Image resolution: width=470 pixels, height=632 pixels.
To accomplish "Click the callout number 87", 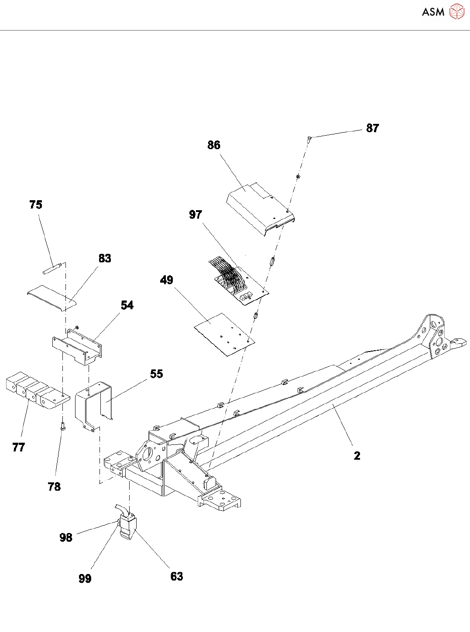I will click(372, 128).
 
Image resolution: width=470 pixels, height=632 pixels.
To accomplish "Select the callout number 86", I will click(214, 145).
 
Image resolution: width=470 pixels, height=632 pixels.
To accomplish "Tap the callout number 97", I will click(196, 215).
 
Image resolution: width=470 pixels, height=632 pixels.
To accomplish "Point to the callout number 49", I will click(167, 280).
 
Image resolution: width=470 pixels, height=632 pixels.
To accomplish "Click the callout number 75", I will click(36, 205).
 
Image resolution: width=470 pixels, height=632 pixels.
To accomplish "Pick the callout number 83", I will click(105, 259).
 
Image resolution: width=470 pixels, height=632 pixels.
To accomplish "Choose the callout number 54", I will click(127, 305).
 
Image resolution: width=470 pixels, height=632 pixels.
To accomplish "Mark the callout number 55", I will click(156, 374).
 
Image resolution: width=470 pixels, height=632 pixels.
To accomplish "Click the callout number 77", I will click(19, 447).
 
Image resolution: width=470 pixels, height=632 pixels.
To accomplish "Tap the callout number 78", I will click(54, 487).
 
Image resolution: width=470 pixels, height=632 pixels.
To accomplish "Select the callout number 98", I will click(66, 537).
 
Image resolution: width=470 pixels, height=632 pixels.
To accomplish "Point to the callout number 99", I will click(85, 578).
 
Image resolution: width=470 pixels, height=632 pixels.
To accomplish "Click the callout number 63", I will click(177, 577).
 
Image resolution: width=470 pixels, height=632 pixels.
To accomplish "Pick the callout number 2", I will click(357, 456).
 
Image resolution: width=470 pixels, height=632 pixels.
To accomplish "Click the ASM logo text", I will click(433, 12).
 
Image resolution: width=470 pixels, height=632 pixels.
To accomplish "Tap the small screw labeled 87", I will click(309, 139).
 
